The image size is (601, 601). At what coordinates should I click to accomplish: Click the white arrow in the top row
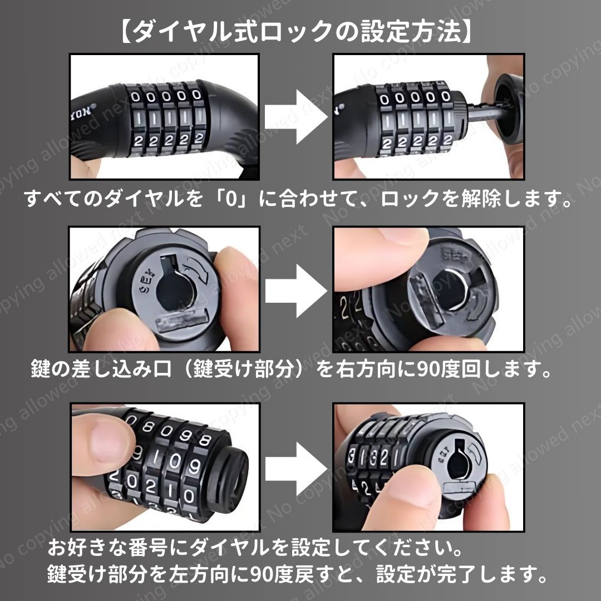tap(296, 116)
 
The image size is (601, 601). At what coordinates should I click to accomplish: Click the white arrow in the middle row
tap(296, 291)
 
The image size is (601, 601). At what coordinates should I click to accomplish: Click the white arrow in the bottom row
tap(296, 469)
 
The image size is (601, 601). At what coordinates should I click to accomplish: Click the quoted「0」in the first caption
tap(232, 199)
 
